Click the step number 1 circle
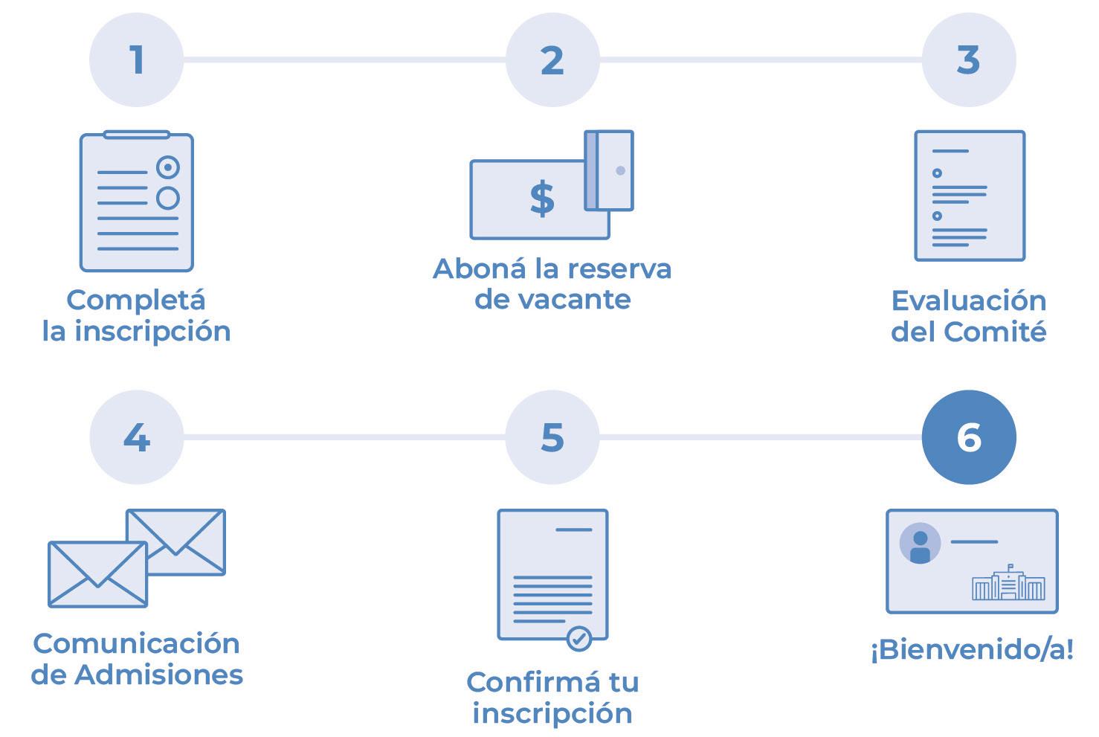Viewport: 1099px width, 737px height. tap(136, 59)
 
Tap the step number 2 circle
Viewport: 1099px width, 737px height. tap(552, 59)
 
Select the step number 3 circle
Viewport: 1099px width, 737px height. tap(968, 59)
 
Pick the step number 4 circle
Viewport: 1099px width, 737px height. tap(136, 437)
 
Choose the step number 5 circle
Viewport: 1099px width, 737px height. tap(552, 437)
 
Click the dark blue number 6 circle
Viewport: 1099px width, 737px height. tap(968, 437)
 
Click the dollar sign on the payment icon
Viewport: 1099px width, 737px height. tap(542, 199)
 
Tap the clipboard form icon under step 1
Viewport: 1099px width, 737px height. tap(137, 202)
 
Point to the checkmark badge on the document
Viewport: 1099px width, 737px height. tap(579, 638)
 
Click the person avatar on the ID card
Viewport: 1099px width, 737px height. tap(920, 544)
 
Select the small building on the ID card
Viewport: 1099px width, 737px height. tap(1008, 583)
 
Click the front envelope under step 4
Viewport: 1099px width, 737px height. tap(97, 573)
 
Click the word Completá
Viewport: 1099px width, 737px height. tap(136, 300)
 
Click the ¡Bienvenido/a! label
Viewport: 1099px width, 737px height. tap(972, 650)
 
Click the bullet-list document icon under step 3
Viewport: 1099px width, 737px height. tap(969, 196)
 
